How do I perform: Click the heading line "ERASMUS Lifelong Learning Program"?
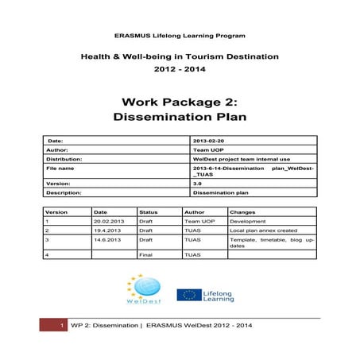pyautogui.click(x=180, y=37)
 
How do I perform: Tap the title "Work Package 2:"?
pyautogui.click(x=180, y=102)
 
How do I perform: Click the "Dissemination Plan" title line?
pyautogui.click(x=180, y=117)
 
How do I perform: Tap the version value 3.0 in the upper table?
pyautogui.click(x=197, y=183)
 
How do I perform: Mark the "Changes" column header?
pyautogui.click(x=242, y=212)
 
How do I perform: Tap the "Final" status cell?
pyautogui.click(x=145, y=255)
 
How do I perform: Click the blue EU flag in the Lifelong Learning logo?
pyautogui.click(x=188, y=295)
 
